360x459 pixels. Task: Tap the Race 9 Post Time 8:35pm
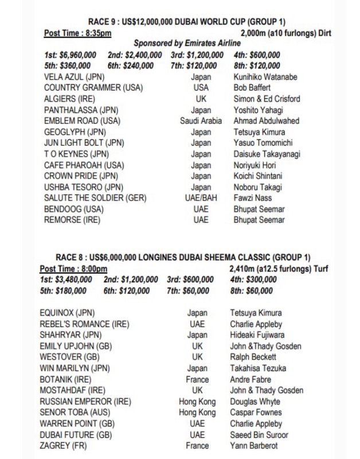[77, 33]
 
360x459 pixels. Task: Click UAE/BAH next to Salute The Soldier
[201, 198]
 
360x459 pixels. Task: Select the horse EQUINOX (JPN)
[68, 313]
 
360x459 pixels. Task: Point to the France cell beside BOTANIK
[197, 379]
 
